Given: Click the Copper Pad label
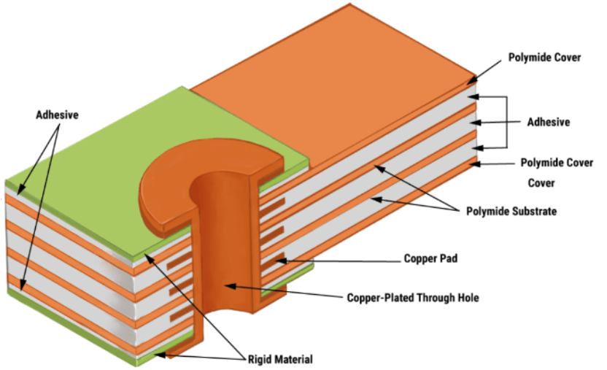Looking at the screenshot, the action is tap(430, 258).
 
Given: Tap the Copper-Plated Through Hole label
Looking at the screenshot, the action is tap(413, 298).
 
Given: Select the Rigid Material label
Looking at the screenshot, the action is tap(280, 360).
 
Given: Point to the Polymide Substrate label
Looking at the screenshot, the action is tap(511, 212).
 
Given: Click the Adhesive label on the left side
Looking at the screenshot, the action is tap(58, 115).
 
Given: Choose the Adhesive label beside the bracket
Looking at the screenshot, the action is tap(549, 123).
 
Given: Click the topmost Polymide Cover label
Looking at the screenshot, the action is tap(544, 58).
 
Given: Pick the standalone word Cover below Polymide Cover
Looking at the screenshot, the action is tap(541, 183).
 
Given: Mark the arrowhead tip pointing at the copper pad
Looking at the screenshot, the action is tap(277, 260).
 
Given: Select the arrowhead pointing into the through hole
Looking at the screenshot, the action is tap(225, 286).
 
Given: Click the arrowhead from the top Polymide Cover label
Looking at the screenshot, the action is tap(467, 84).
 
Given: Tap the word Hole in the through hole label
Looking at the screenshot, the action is tap(467, 298).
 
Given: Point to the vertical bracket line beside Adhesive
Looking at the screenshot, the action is tap(507, 123).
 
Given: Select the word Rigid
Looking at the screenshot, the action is tap(258, 360).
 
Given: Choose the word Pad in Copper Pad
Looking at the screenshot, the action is tap(449, 258).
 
